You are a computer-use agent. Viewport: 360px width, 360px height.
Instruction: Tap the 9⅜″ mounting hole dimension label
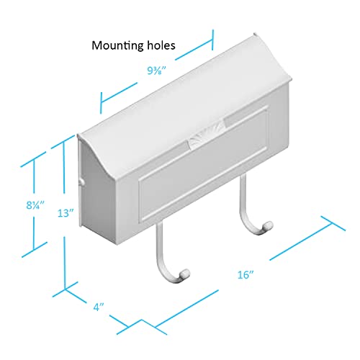[157, 71]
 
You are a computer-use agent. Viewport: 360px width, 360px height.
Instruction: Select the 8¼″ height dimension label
[35, 205]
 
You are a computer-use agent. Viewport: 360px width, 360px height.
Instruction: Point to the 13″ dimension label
[66, 213]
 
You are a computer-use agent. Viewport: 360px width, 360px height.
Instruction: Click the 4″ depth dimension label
[99, 307]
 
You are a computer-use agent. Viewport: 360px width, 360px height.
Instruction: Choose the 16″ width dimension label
[246, 274]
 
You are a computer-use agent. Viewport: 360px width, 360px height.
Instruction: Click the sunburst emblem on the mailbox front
[207, 135]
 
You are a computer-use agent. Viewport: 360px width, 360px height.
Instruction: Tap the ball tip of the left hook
[185, 274]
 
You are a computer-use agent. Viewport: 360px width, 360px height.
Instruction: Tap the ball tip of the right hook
[268, 226]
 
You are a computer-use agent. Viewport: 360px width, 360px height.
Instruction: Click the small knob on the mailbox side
[82, 182]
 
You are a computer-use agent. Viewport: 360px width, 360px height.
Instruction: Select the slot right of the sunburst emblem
[246, 116]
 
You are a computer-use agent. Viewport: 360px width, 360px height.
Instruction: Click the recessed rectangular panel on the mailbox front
[203, 166]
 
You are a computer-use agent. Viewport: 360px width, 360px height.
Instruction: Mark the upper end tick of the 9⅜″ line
[212, 40]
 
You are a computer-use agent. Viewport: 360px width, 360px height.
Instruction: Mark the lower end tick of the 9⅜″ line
[102, 103]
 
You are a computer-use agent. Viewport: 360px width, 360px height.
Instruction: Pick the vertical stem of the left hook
[159, 243]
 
